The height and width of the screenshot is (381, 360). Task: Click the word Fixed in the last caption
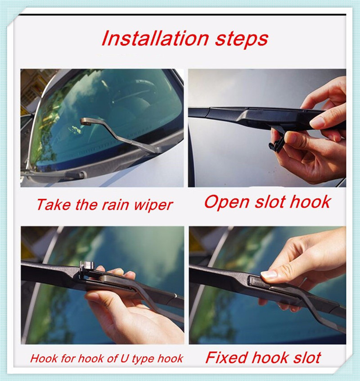pyautogui.click(x=226, y=358)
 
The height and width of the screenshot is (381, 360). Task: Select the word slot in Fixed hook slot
pyautogui.click(x=306, y=358)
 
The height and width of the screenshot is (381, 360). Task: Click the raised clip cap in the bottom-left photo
pyautogui.click(x=85, y=267)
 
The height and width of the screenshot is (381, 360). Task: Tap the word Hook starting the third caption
pyautogui.click(x=44, y=359)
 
